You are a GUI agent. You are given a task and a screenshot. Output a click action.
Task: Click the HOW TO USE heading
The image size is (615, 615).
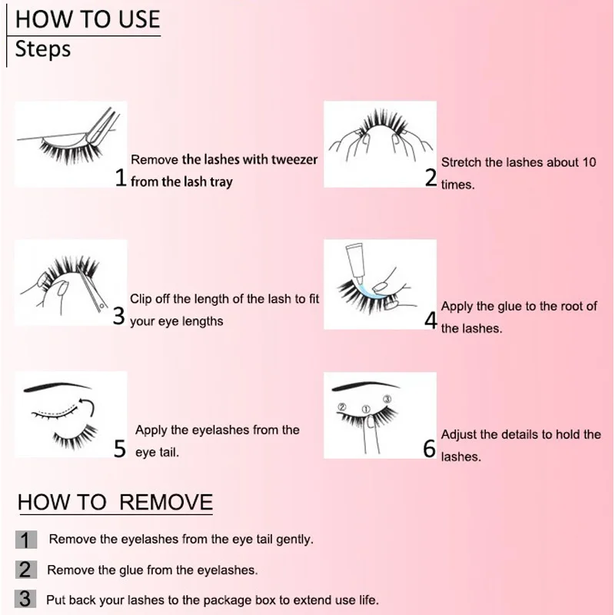click(x=88, y=18)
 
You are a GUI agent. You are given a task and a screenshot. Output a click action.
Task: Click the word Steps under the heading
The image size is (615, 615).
click(x=43, y=49)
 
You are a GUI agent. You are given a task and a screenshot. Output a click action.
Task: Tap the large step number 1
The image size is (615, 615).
click(x=120, y=179)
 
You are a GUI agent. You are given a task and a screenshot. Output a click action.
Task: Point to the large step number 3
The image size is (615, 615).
click(x=118, y=316)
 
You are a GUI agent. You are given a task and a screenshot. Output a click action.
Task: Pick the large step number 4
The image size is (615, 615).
click(x=430, y=321)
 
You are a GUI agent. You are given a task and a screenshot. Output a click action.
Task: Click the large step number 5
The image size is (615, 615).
click(x=119, y=449)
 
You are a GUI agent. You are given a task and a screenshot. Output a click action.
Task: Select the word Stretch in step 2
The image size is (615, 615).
click(x=461, y=163)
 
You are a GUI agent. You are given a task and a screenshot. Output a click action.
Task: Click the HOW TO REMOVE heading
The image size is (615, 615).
click(x=115, y=503)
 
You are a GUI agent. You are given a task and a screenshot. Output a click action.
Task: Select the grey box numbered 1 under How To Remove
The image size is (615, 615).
click(x=25, y=540)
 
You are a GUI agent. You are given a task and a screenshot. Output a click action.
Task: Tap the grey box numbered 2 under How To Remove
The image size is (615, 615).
click(x=25, y=570)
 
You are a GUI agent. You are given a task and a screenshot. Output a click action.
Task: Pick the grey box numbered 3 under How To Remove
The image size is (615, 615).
click(x=25, y=599)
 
